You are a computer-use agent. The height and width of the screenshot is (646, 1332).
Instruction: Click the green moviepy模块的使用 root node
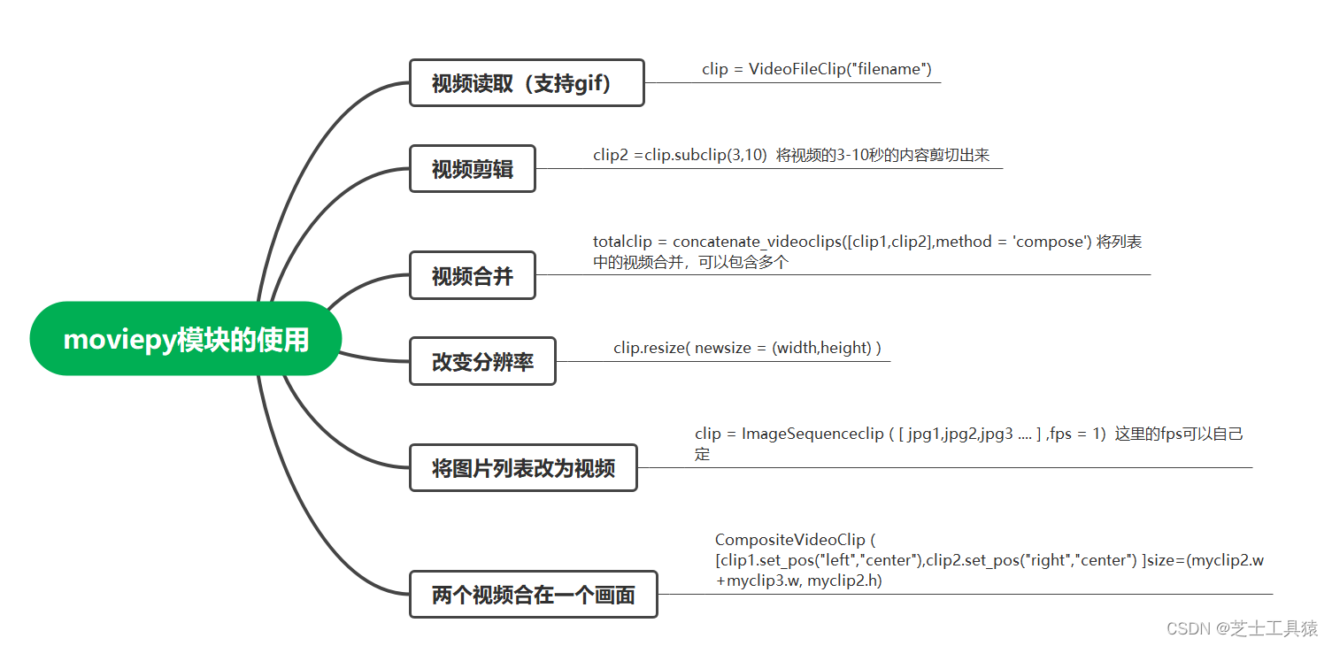[x=186, y=340]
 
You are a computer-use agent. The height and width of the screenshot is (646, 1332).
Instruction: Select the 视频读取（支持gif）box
[x=527, y=83]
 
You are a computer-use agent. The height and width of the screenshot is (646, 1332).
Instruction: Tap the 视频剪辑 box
[x=473, y=169]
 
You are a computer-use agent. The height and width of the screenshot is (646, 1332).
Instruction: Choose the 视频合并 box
[x=473, y=275]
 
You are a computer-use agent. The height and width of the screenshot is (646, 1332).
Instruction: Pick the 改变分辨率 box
[x=482, y=361]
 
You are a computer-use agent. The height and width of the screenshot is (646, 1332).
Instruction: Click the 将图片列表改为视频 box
[x=523, y=468]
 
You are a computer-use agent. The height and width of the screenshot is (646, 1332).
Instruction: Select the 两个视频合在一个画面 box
[x=533, y=595]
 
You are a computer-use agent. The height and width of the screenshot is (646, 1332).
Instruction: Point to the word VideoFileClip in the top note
[x=797, y=69]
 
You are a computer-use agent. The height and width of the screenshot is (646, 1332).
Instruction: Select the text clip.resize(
[x=651, y=348]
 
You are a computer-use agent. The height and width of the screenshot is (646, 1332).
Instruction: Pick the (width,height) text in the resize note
[x=822, y=348]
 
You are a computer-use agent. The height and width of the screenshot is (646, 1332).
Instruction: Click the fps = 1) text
[x=1077, y=434]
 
